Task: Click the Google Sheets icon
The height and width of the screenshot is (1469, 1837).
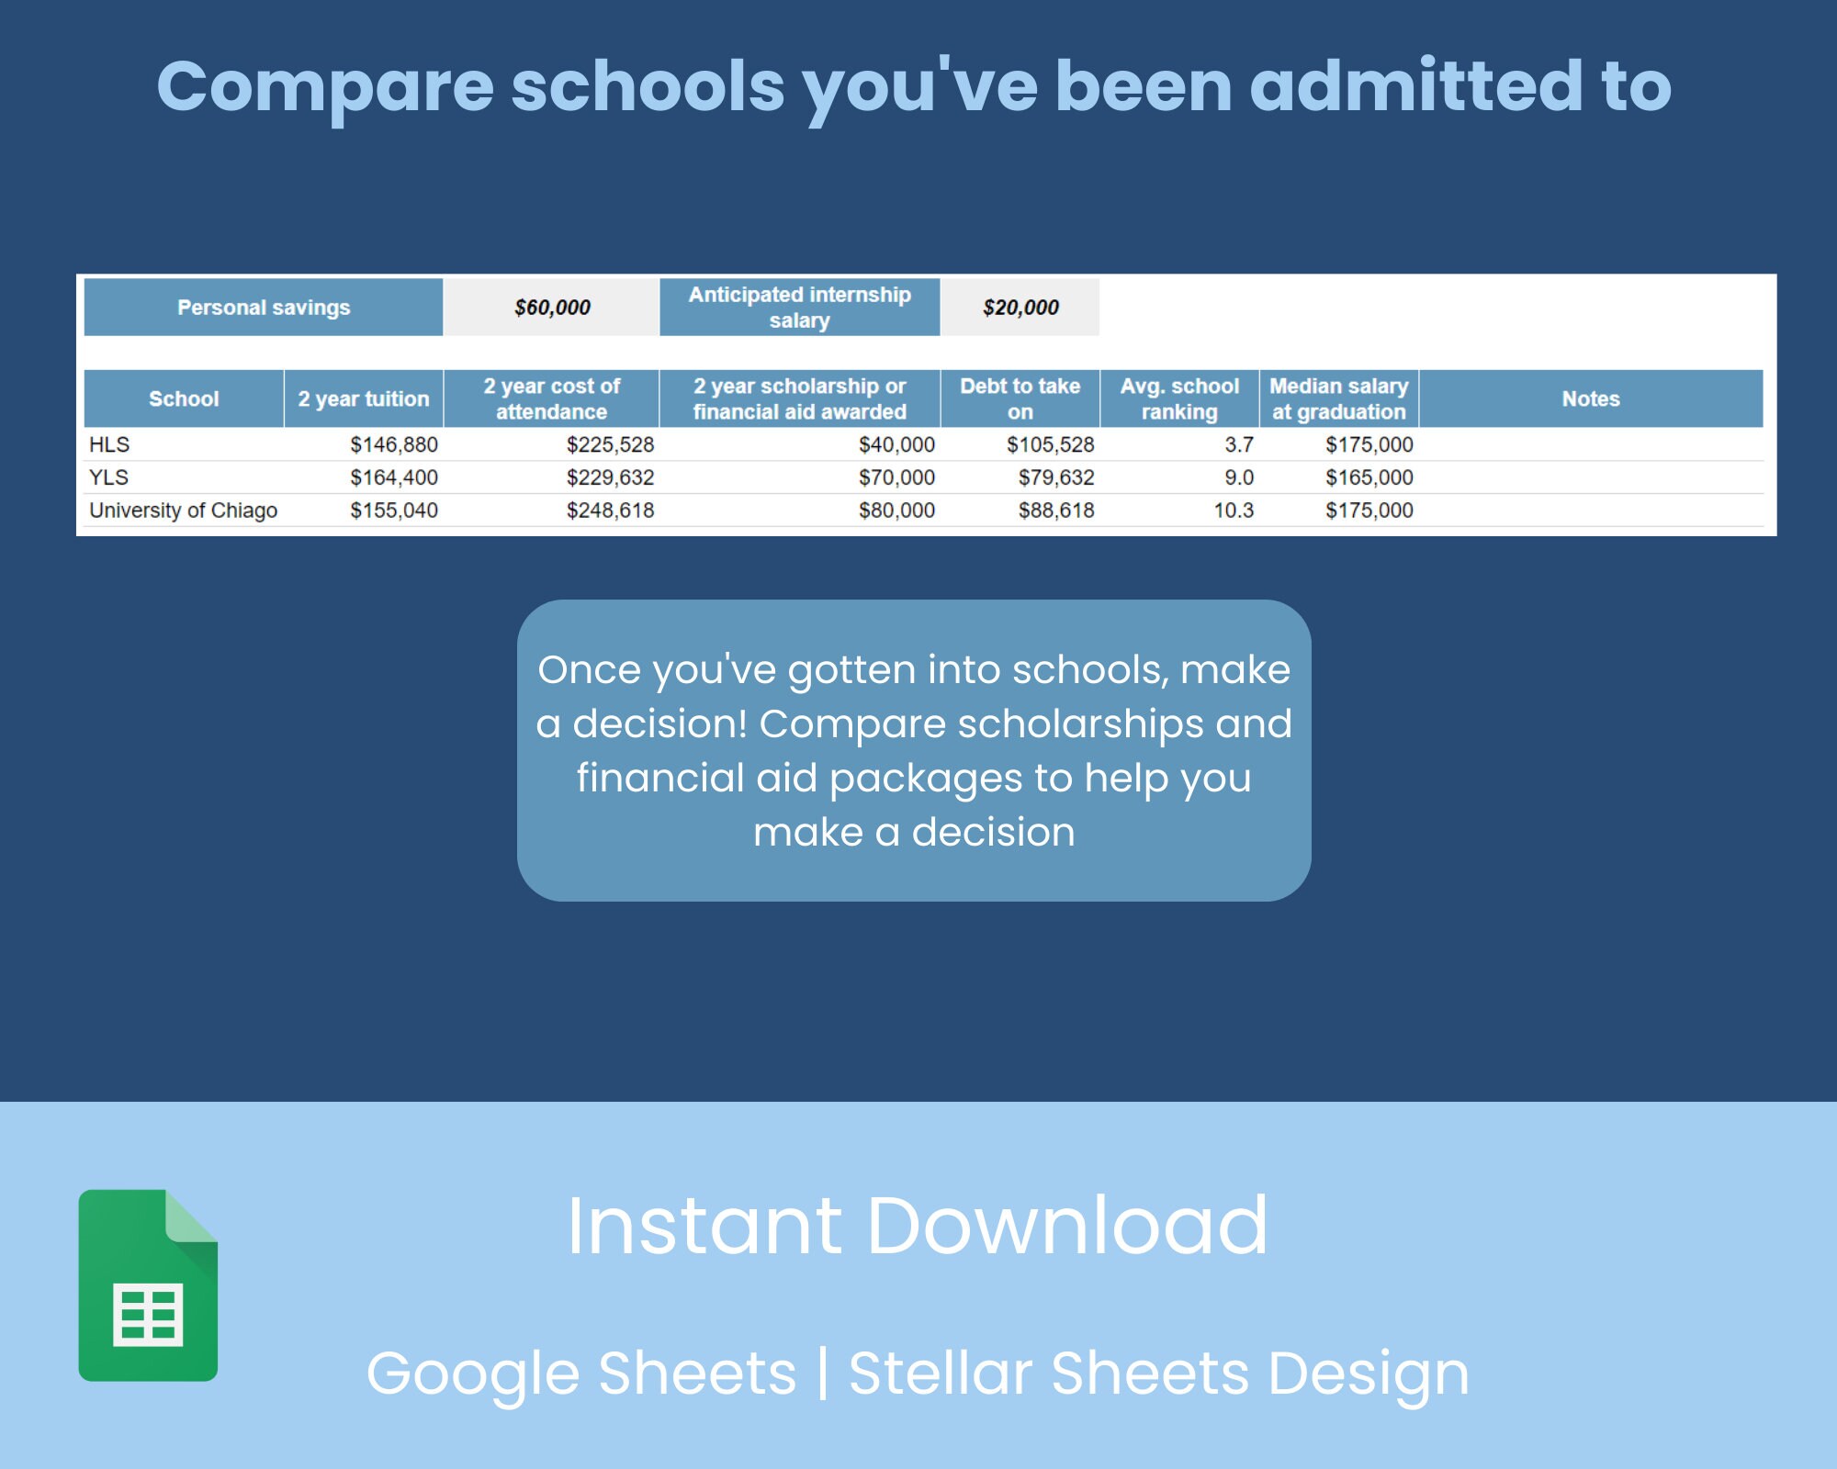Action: (148, 1285)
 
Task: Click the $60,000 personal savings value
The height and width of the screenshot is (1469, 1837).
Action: (552, 308)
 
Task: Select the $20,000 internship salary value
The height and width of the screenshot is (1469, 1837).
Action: (1020, 308)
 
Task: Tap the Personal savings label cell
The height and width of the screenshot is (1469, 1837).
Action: (264, 308)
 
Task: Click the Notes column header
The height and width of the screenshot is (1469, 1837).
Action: (1591, 398)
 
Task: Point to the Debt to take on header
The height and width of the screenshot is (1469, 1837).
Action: (1020, 398)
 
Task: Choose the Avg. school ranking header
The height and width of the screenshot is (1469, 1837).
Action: (1179, 398)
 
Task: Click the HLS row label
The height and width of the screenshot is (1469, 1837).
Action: (109, 445)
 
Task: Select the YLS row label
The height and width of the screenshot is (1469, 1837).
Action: (109, 477)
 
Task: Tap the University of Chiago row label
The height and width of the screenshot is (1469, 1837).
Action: (183, 510)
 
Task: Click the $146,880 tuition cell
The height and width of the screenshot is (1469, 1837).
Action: (394, 445)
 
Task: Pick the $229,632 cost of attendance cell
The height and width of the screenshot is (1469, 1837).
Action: (610, 477)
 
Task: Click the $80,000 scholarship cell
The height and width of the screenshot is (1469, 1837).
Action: (896, 510)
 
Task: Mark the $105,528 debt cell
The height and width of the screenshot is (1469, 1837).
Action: (1050, 445)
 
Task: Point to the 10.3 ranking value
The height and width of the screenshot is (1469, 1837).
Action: (1234, 510)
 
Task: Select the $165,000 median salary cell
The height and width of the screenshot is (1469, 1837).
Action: (1369, 477)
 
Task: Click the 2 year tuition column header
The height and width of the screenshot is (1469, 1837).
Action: (364, 398)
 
